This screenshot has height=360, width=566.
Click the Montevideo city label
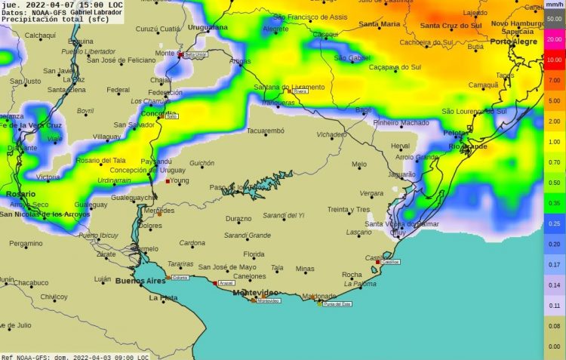point(254,291)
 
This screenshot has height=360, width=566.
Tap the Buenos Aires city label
point(140,281)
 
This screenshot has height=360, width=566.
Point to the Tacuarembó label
point(266,131)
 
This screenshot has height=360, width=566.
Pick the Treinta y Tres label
point(349,209)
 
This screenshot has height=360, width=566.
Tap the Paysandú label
point(157,161)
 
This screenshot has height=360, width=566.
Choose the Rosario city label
point(20,194)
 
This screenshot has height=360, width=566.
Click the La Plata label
point(163,297)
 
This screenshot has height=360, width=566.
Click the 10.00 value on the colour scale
point(554,59)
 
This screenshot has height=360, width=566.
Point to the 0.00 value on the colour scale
point(554,346)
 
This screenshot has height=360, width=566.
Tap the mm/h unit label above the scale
point(554,5)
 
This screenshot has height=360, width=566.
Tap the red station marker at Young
point(168,181)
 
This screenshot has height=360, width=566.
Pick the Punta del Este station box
point(337,303)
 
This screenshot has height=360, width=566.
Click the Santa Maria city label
point(379,24)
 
